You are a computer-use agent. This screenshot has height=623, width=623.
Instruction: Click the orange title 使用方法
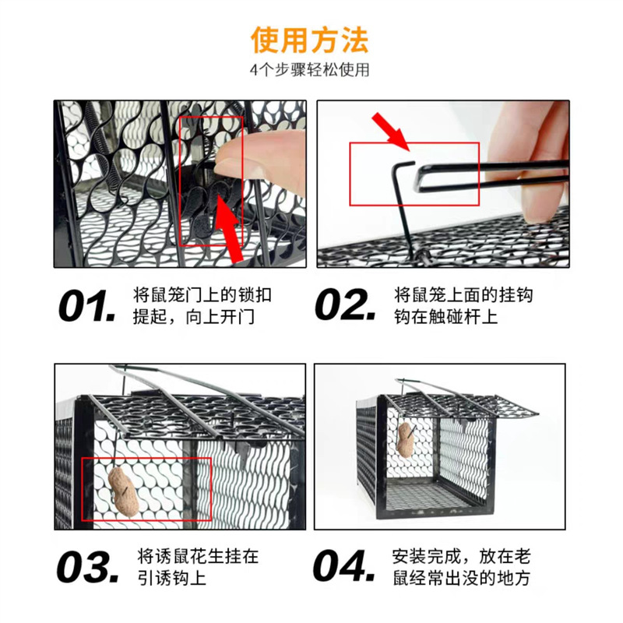[x=309, y=40]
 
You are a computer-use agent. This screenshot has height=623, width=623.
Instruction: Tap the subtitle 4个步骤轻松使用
[x=309, y=70]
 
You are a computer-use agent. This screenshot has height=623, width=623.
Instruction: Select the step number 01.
[x=87, y=306]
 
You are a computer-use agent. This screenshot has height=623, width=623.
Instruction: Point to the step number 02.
[x=345, y=305]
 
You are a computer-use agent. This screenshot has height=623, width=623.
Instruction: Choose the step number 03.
[x=88, y=567]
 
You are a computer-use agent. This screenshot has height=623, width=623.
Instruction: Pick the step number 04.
[x=344, y=566]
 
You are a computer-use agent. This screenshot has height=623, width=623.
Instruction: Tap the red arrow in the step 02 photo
[x=391, y=131]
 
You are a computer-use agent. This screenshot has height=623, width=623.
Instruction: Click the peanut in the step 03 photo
[x=124, y=492]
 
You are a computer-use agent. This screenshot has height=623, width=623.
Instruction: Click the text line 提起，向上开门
[x=193, y=317]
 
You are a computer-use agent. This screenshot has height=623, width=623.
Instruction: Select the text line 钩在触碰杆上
[x=445, y=317]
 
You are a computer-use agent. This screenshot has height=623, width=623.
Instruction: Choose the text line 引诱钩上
[x=171, y=578]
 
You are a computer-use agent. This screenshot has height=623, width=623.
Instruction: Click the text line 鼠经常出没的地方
[x=461, y=578]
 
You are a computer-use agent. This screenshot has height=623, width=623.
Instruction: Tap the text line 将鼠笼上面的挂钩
[x=463, y=295]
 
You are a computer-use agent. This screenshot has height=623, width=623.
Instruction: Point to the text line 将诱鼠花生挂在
[x=198, y=556]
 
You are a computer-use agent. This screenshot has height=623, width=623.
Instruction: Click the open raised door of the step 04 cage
[x=461, y=405]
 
